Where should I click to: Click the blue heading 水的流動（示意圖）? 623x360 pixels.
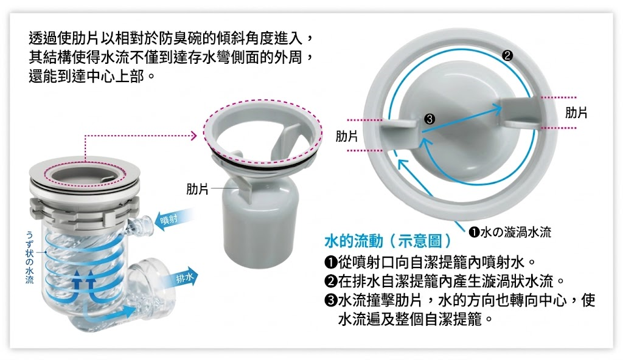tap(388, 241)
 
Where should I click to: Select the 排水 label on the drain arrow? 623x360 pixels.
tap(184, 279)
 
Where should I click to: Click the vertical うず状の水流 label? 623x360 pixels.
tap(29, 258)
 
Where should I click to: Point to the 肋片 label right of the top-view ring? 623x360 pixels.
tap(576, 113)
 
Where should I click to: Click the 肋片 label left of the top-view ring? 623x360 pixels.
tap(346, 136)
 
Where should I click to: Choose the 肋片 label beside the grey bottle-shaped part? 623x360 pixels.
tap(198, 189)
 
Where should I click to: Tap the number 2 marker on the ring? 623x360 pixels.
tap(507, 55)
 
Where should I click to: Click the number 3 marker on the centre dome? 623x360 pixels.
tap(429, 119)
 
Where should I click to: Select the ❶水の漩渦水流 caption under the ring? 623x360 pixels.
tap(510, 232)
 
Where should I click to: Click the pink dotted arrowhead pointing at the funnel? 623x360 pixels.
tap(193, 136)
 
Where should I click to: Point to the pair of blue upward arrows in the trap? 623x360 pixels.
tap(84, 285)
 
